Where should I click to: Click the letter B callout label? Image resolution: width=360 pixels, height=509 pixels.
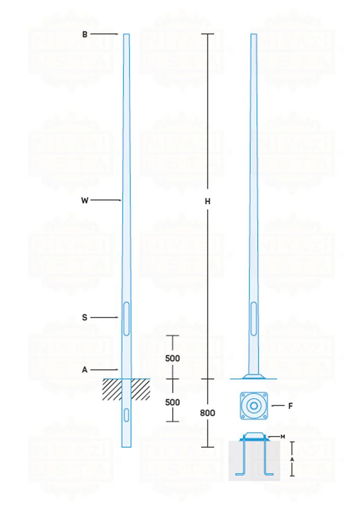85,34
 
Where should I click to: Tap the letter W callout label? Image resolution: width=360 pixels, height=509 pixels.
85,201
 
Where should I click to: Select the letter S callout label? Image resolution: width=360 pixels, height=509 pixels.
85,318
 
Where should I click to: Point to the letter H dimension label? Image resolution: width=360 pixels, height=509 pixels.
207,202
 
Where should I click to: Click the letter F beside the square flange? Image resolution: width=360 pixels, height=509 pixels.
290,406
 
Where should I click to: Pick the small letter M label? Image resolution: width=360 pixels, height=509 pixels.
282,437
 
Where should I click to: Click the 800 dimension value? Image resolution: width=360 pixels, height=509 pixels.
207,413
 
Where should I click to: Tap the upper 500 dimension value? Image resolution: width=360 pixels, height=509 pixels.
173,358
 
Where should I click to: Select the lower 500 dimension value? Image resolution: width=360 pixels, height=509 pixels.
173,402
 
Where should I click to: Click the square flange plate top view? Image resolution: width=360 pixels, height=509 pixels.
253,406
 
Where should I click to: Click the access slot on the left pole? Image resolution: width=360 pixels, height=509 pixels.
126,318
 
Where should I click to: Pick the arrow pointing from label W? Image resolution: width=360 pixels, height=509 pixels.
106,201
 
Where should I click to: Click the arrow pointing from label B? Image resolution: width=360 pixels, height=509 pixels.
105,34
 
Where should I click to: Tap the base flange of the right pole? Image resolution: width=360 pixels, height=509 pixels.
253,377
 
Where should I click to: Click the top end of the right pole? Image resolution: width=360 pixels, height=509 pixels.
254,36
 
